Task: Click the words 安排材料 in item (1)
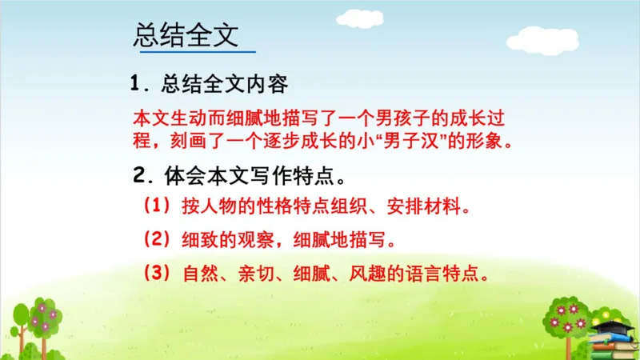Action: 423,207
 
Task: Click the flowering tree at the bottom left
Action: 40,324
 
